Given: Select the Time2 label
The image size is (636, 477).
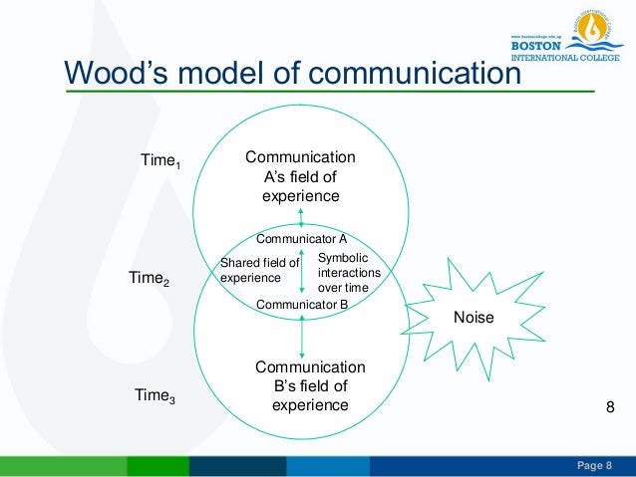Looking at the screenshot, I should tap(150, 280).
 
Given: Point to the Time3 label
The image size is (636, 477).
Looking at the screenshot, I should tap(155, 396).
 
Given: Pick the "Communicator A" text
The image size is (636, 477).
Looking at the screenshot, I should tap(301, 239).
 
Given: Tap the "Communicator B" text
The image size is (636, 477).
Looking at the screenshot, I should tap(301, 304).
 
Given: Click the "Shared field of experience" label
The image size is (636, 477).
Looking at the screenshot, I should tap(259, 270).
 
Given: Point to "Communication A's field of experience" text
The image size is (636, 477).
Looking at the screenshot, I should tap(300, 176).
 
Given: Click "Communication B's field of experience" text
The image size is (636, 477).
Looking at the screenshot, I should tap(310, 385).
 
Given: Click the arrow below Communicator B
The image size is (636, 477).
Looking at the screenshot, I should tap(301, 335).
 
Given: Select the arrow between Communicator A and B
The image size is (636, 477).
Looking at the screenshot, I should tap(301, 271).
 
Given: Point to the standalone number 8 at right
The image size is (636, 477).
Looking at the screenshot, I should tap(612, 409).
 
